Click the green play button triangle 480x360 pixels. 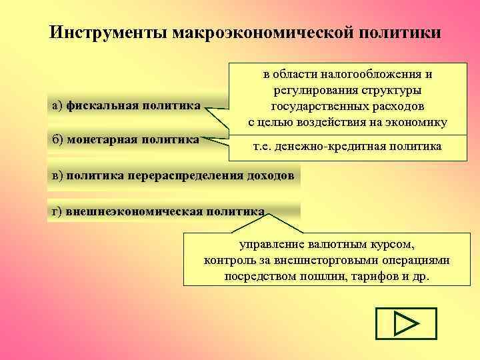coord(405,325)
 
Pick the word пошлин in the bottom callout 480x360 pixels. coord(316,276)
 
